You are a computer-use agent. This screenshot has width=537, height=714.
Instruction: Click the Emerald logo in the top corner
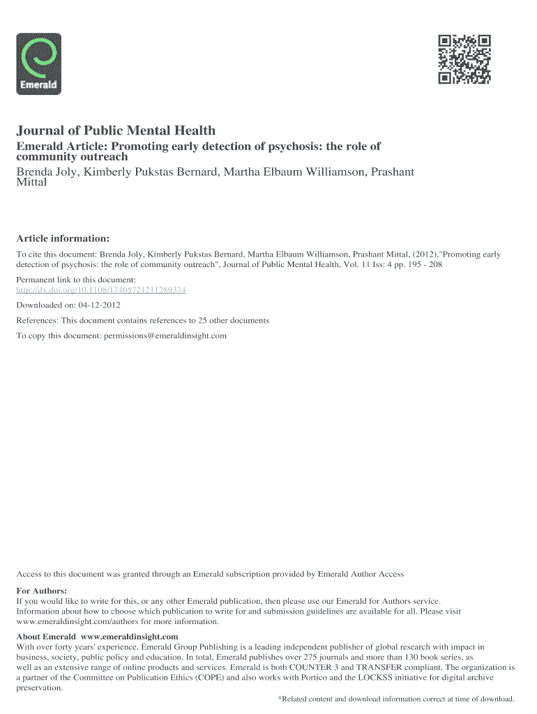tap(38, 63)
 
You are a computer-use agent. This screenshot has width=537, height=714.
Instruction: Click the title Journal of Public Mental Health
tap(116, 130)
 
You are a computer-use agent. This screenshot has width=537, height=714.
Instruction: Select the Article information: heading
tap(63, 238)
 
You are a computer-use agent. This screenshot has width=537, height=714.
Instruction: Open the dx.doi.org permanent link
tap(101, 289)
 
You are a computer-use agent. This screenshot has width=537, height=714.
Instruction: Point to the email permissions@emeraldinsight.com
tap(165, 335)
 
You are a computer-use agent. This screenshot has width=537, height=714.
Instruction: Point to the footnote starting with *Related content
tap(395, 699)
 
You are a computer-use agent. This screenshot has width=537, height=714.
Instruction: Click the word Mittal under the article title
tap(32, 183)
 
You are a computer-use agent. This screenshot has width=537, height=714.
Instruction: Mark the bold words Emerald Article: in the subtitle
tap(61, 146)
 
